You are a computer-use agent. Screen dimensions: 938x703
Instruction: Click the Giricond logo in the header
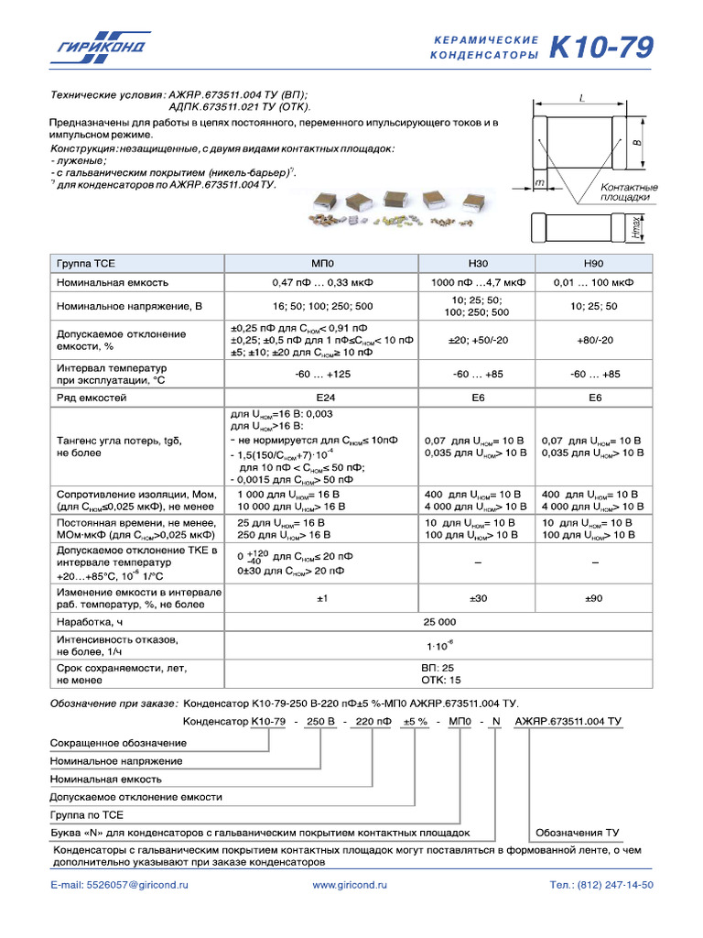101,47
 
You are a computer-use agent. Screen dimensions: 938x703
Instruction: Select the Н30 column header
478,262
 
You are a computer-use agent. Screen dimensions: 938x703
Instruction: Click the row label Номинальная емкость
113,282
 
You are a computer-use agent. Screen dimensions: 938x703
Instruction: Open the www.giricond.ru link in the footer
350,886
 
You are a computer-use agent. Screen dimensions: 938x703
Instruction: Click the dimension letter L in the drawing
582,96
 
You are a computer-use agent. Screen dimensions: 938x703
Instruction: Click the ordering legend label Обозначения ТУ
578,833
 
